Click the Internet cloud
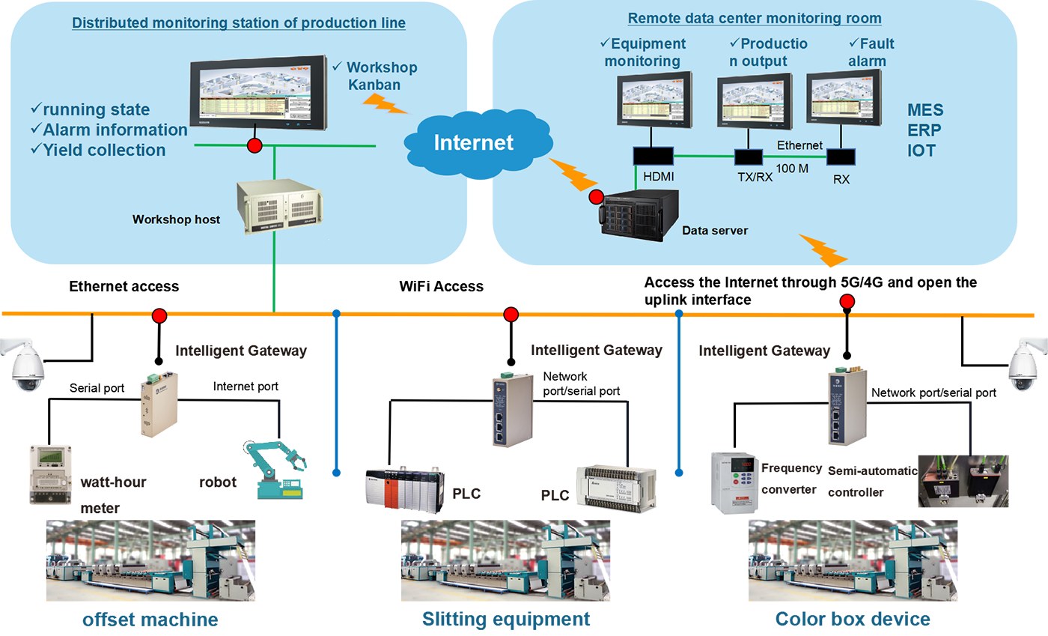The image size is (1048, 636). [473, 143]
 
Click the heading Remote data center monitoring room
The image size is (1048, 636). [754, 18]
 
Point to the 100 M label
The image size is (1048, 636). [793, 169]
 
